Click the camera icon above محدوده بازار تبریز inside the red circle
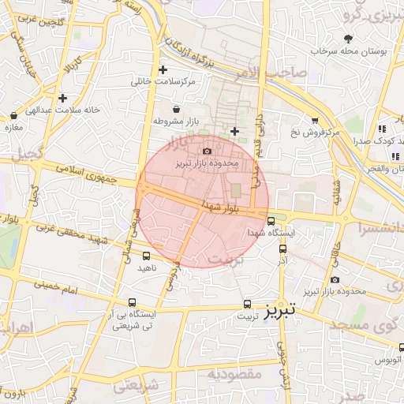pos(208,151)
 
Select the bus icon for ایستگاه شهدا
pos(271,221)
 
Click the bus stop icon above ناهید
pos(146,256)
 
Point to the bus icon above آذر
pos(282,248)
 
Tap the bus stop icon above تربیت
pos(248,303)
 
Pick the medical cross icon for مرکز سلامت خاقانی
pos(163,69)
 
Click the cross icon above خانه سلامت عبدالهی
pos(62,98)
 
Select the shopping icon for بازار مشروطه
pos(175,109)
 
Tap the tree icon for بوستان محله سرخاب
pos(349,38)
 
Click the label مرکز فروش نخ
pos(314,132)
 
